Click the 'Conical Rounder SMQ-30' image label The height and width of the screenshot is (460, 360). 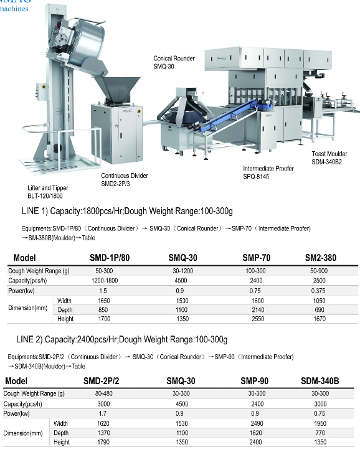tap(174, 62)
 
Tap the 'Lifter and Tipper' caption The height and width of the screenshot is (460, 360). tap(47, 188)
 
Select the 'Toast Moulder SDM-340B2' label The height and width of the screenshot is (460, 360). tap(329, 158)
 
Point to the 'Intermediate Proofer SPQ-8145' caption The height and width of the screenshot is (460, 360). tap(268, 172)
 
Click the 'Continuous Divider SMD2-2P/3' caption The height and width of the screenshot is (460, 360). tap(125, 179)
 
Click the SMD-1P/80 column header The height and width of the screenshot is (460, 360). tap(110, 258)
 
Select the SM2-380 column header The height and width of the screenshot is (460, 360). tap(320, 258)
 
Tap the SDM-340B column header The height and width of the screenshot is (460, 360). tap(320, 381)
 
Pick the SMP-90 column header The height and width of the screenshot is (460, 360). tap(254, 381)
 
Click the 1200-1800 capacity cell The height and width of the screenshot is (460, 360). tap(105, 281)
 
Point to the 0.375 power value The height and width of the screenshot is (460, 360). tap(318, 291)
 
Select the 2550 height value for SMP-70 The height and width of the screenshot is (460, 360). tap(258, 319)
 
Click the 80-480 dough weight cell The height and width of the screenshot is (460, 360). tap(103, 393)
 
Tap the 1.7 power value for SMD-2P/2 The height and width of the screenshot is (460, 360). tap(103, 414)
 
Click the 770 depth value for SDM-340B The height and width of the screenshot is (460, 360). tap(320, 433)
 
